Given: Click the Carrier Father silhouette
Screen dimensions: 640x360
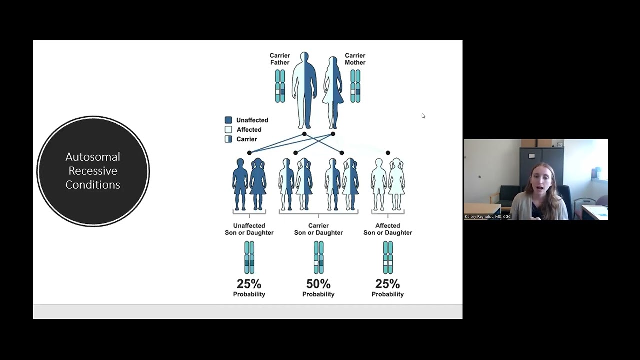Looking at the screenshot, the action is [304, 90].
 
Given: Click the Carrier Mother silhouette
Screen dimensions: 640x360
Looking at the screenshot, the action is [333, 93].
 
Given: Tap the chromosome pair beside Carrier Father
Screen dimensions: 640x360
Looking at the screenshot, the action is [280, 86].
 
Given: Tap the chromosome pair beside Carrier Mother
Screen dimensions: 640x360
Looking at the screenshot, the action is [355, 86].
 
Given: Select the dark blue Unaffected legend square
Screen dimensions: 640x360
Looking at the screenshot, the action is [228, 120].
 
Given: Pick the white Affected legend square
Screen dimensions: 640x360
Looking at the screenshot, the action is [228, 129].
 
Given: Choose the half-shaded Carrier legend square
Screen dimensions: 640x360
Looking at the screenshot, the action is [228, 139].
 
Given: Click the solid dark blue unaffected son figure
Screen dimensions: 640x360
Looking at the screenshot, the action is [240, 184].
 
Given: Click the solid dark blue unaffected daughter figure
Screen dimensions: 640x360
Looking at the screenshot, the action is [258, 184].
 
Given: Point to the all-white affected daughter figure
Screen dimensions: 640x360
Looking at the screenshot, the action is [397, 184].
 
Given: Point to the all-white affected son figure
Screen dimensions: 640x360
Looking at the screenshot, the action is [379, 184].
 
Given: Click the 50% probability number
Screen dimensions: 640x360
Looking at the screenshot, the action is [318, 284].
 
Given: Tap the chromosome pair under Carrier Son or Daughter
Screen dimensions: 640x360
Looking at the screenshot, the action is [319, 257].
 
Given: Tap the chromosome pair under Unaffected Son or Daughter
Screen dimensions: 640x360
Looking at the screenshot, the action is [249, 257].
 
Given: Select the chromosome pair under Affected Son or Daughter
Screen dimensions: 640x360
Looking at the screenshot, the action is [388, 257].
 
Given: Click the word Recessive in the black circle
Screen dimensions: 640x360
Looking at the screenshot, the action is [93, 171].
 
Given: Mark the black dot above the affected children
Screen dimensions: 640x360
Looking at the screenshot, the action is [388, 153].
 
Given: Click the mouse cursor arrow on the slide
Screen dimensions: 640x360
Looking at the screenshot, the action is [423, 115].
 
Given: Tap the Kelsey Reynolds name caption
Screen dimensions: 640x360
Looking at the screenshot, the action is [487, 217].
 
